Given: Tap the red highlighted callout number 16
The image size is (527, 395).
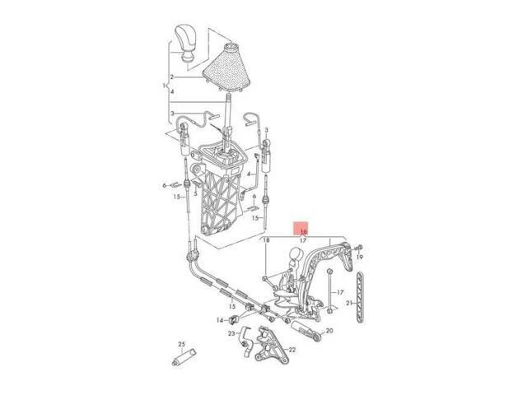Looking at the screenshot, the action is [x=303, y=232].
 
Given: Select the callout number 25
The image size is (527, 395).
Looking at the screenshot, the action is [x=182, y=343].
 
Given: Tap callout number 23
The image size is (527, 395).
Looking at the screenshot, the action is [x=231, y=333].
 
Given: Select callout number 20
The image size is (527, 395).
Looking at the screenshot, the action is [x=329, y=331].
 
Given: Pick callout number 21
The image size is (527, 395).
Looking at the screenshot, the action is [x=348, y=304].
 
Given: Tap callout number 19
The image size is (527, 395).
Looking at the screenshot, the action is [x=359, y=257].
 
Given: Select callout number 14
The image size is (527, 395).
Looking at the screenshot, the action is [x=221, y=319].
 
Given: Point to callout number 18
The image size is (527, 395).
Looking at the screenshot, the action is [x=266, y=239].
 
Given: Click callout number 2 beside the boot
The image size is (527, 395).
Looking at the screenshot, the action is [x=173, y=76].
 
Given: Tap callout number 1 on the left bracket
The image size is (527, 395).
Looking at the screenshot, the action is [x=165, y=85].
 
